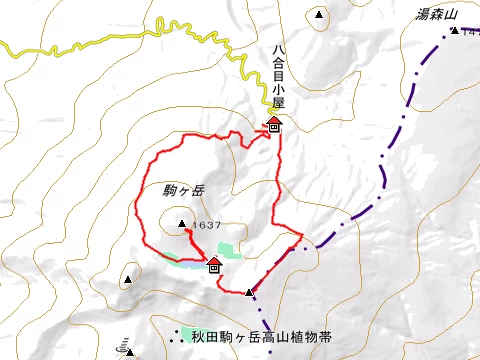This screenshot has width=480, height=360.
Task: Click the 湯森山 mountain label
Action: [437, 15]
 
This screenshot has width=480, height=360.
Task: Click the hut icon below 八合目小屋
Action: [274, 125]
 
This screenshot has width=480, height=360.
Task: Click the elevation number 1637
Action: [207, 225]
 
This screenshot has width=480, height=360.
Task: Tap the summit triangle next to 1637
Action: [181, 223]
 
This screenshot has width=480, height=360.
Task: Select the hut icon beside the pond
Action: [213, 264]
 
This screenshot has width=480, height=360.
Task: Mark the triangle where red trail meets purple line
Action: [249, 292]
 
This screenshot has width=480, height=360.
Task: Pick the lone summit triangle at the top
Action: [319, 15]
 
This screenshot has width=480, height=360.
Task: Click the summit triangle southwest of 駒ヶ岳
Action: [128, 279]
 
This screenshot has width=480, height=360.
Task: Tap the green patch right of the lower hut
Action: [228, 250]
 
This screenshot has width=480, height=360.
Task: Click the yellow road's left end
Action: [3, 44]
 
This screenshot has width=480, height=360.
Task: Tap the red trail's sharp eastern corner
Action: [302, 236]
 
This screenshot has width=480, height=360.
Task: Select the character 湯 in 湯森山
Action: [423, 15]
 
